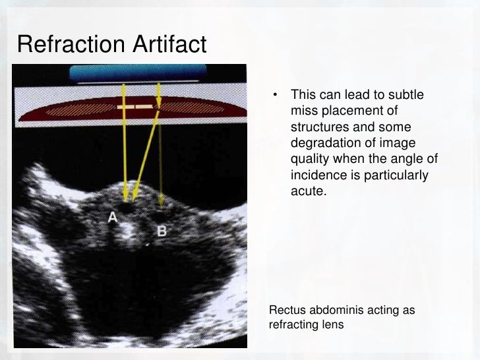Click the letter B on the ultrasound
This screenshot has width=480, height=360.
pyautogui.click(x=162, y=231)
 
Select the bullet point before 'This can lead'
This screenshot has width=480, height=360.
pyautogui.click(x=278, y=97)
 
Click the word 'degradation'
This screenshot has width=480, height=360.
pyautogui.click(x=321, y=144)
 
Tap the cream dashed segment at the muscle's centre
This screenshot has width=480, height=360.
pyautogui.click(x=135, y=105)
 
